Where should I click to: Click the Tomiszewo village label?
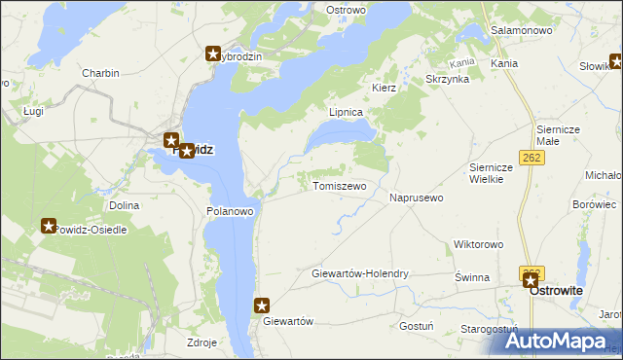click(x=339, y=186)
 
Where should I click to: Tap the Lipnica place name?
click(x=346, y=113)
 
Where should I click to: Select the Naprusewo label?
click(x=417, y=198)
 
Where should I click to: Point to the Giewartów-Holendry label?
click(x=360, y=274)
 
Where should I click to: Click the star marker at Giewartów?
click(x=262, y=306)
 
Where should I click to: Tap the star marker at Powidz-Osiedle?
click(x=49, y=226)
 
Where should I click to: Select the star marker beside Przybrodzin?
click(x=213, y=54)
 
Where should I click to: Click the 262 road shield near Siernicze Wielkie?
click(x=531, y=158)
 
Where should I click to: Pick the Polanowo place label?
click(x=231, y=210)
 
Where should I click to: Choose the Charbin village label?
click(x=100, y=73)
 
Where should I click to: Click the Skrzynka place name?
click(x=447, y=79)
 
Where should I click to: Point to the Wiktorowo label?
click(x=477, y=244)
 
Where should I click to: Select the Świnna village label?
click(x=471, y=277)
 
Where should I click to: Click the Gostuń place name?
click(x=416, y=326)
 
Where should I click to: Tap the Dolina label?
click(x=125, y=205)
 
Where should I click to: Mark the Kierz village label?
click(x=384, y=88)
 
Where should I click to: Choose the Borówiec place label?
click(x=595, y=205)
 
